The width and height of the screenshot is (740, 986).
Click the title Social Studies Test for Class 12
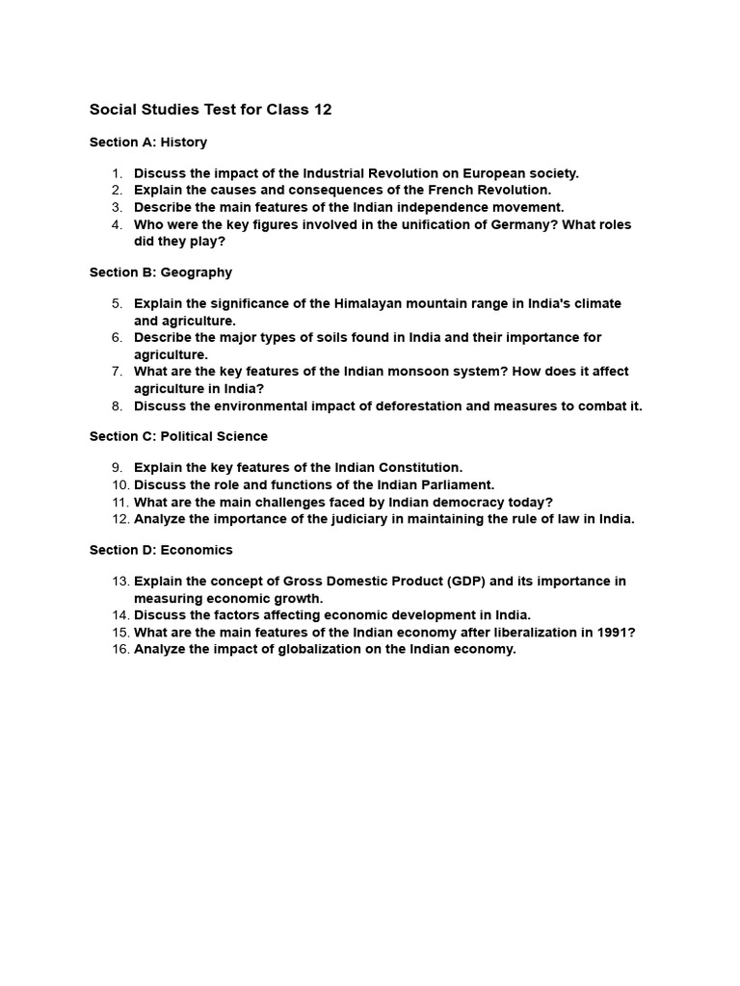(210, 110)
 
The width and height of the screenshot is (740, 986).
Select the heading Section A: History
(148, 143)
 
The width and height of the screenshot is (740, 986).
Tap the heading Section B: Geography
(161, 272)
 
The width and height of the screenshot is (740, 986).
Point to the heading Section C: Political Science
(178, 436)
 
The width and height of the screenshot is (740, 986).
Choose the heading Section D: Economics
(161, 550)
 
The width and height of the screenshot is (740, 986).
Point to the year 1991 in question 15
(613, 632)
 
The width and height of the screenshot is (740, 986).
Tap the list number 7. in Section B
(117, 371)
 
